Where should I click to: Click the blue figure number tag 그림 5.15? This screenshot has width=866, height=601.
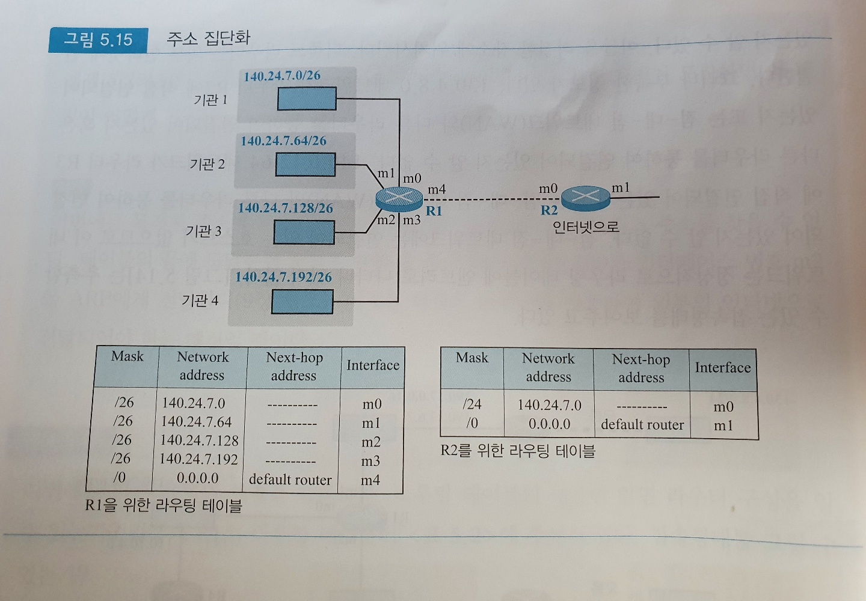click(98, 40)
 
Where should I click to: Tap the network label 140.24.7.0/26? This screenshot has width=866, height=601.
click(282, 76)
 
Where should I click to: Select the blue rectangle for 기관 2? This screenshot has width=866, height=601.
click(306, 165)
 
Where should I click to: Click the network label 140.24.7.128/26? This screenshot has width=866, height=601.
click(286, 209)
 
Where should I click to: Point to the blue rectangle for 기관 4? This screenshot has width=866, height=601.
click(302, 302)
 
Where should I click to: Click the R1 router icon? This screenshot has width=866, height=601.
click(399, 198)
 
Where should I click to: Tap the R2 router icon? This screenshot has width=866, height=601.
click(585, 196)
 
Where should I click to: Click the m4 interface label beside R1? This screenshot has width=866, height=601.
click(437, 190)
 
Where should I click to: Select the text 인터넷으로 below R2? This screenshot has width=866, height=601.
click(586, 227)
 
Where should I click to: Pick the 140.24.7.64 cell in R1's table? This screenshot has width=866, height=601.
click(197, 422)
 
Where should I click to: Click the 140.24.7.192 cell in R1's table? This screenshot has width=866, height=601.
click(199, 460)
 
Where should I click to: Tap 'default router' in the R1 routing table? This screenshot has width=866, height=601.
click(290, 480)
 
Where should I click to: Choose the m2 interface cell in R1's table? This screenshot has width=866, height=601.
click(371, 442)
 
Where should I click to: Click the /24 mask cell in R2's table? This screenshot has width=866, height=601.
click(472, 404)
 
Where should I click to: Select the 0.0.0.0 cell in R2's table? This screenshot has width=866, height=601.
click(550, 424)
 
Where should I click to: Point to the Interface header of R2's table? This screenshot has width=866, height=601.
click(723, 368)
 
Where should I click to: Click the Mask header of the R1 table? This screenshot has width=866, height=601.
click(127, 356)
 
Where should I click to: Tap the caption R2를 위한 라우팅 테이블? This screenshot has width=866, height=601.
click(518, 451)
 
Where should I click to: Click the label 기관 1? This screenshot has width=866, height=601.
click(210, 100)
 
